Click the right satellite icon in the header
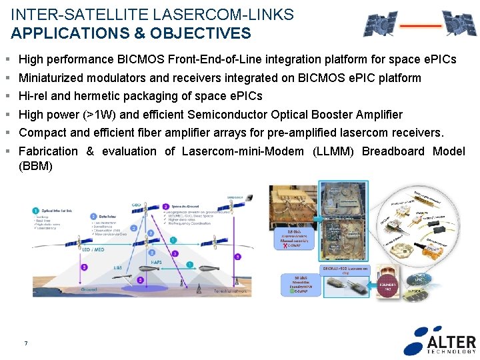point(460,23)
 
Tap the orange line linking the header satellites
point(421,27)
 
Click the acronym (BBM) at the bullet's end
point(35,166)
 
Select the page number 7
point(25,343)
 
